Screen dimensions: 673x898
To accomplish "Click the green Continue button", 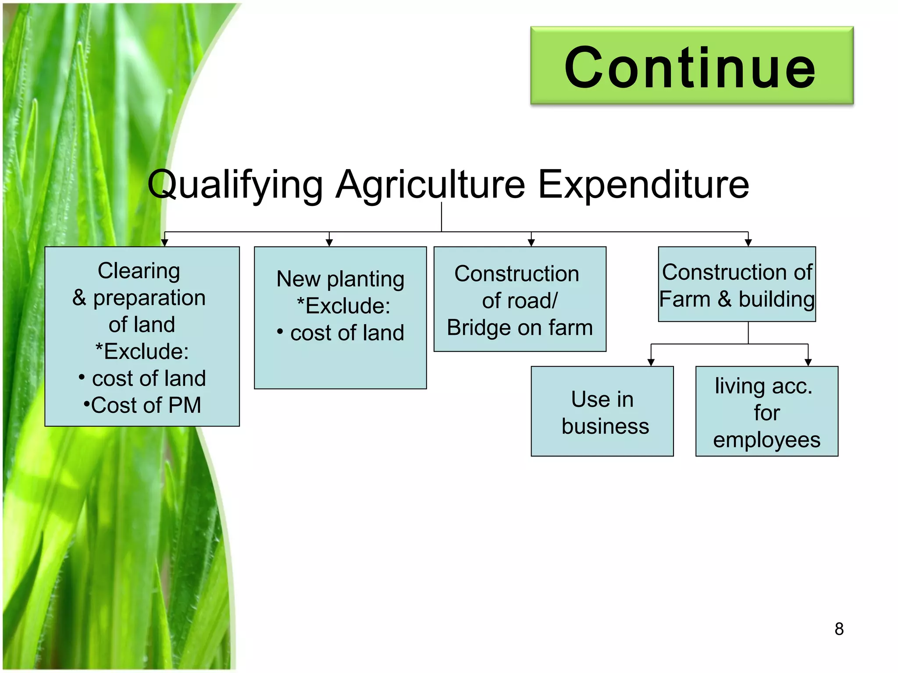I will point(691,66).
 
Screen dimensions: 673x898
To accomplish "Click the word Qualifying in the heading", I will point(235,184).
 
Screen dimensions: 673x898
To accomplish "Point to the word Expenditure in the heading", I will point(643,184).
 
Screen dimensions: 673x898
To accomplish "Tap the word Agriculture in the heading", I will point(430,184).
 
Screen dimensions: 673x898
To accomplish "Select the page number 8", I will point(839,629).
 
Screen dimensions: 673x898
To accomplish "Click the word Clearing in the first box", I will point(139,270).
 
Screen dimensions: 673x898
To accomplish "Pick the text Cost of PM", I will point(143,405).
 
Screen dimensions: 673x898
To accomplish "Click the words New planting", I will point(340,279).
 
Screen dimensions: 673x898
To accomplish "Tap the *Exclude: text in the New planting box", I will point(343,305).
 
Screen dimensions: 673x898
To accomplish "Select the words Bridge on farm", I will point(520,328).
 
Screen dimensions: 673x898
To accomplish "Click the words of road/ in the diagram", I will point(520,301).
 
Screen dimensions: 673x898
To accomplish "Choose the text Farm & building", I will point(737,299).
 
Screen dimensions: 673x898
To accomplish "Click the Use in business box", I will point(602,411).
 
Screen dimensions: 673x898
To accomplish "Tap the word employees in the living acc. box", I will point(766,440).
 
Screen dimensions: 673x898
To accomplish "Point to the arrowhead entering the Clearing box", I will point(164,243).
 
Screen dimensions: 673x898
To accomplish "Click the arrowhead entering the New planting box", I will point(329,243).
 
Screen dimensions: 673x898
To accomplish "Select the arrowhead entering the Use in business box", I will point(651,362).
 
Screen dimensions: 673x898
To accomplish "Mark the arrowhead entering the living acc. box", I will point(808,362).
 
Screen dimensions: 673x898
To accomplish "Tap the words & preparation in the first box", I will point(139,298).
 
